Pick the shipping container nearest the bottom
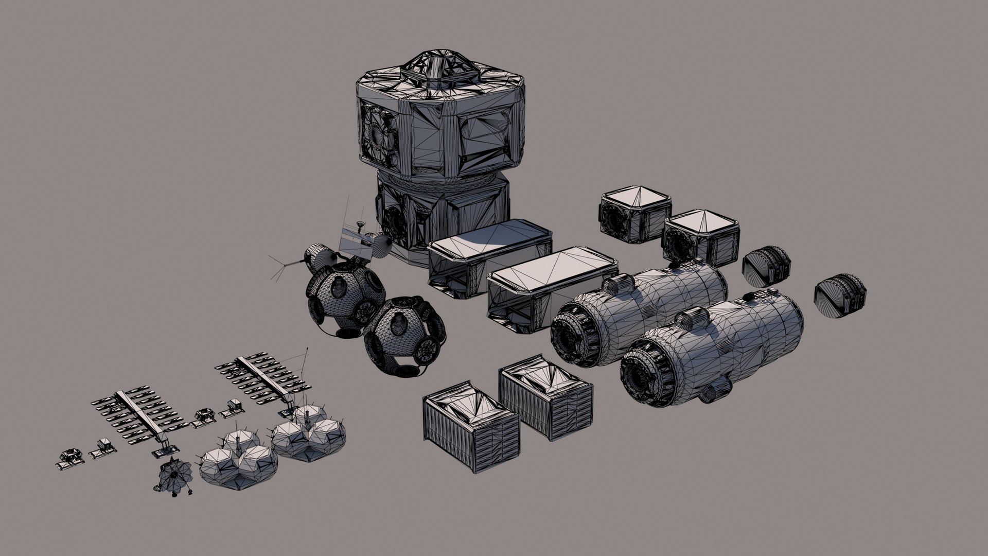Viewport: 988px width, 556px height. [469, 425]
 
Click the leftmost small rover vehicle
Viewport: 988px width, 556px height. [70, 458]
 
